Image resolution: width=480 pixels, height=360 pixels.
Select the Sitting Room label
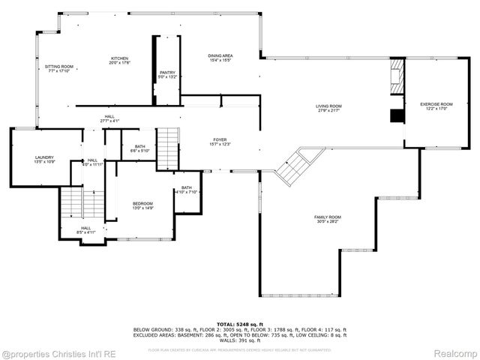tap(58, 69)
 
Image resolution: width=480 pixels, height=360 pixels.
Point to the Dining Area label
tap(220, 57)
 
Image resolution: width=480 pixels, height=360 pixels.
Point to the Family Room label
tap(327, 219)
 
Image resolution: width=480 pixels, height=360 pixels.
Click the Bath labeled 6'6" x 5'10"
tap(139, 148)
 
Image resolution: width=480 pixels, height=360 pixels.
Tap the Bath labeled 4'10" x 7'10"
tap(186, 190)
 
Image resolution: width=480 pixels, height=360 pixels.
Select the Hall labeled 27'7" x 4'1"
tap(109, 118)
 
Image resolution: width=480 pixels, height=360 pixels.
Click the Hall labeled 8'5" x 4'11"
tap(85, 229)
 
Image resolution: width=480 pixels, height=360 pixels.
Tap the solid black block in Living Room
tap(395, 115)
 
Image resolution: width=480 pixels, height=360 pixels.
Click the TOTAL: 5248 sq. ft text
tap(240, 323)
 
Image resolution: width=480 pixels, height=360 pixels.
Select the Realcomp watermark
tap(455, 352)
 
